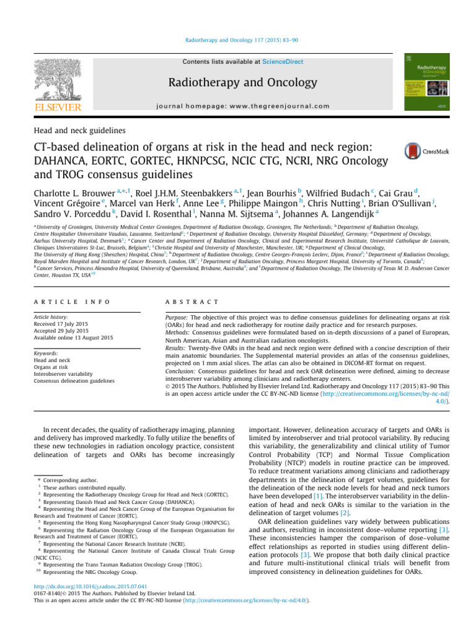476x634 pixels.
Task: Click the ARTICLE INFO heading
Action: (x=72, y=302)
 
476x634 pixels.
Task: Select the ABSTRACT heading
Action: (x=192, y=302)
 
